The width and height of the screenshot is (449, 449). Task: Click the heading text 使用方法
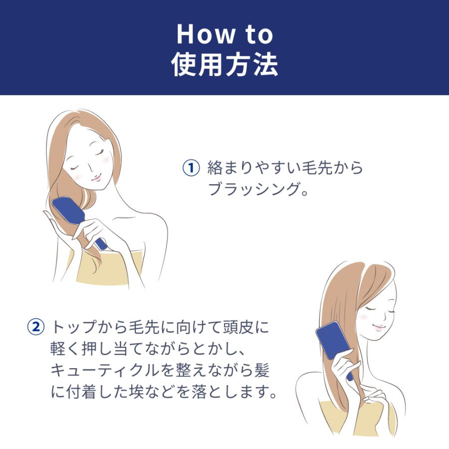pyautogui.click(x=224, y=65)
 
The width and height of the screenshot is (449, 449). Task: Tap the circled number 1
pyautogui.click(x=191, y=168)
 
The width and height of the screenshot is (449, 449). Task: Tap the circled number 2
pyautogui.click(x=35, y=328)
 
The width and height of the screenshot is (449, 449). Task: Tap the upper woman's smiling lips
pyautogui.click(x=96, y=176)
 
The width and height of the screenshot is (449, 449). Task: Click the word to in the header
pyautogui.click(x=254, y=34)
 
